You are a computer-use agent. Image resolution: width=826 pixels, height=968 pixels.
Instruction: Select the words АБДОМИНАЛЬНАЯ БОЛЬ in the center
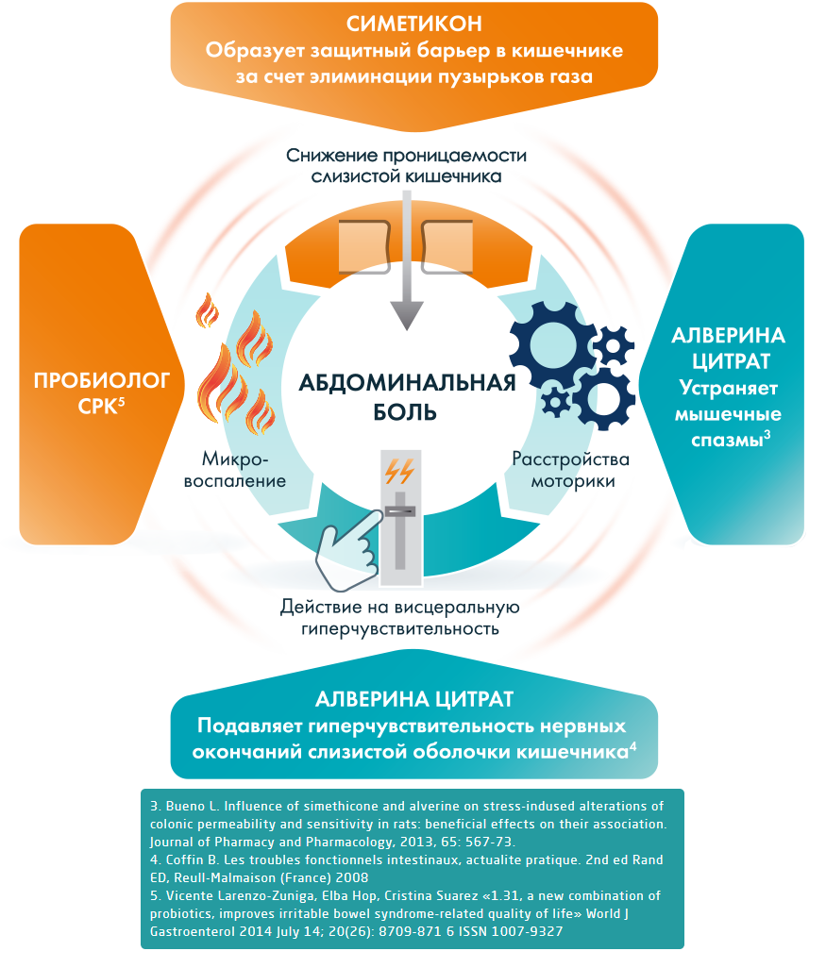point(407,397)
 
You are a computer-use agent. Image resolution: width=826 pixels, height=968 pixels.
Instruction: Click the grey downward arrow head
point(406,315)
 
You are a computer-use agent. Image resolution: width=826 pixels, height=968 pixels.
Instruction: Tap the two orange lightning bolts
point(397,470)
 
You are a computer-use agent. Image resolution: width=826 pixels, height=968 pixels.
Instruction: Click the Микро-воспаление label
point(243,469)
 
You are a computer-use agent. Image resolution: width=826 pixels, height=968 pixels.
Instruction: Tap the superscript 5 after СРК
point(122,399)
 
